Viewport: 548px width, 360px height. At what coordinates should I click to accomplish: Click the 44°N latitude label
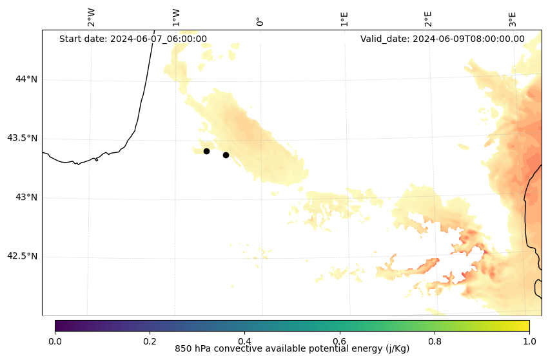[x=26, y=79]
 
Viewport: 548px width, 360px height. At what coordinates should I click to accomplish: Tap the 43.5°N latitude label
[x=23, y=138]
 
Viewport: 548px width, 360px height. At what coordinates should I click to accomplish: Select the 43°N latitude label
[x=26, y=197]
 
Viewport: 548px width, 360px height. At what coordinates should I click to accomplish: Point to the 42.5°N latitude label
[x=23, y=256]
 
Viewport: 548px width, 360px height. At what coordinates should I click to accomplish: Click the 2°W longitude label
[x=92, y=17]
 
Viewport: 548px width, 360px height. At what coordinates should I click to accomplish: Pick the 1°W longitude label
[x=175, y=17]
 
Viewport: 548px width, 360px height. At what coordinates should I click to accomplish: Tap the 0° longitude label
[x=260, y=21]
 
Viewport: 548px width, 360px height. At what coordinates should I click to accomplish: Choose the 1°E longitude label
[x=344, y=19]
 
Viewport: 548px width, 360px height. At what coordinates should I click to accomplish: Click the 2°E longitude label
[x=428, y=19]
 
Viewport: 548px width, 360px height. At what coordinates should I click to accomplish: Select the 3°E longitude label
[x=513, y=19]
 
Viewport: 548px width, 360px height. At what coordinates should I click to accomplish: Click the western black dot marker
[x=206, y=151]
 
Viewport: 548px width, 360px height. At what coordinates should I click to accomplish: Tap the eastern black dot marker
[x=226, y=155]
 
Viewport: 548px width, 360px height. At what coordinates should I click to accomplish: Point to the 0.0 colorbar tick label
[x=55, y=341]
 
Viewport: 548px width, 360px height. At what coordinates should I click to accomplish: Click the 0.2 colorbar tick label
[x=150, y=341]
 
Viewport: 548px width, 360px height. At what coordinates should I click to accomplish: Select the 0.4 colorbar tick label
[x=244, y=341]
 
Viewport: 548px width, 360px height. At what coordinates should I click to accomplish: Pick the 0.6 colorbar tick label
[x=339, y=341]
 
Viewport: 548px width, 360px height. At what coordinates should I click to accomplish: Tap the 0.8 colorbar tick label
[x=435, y=341]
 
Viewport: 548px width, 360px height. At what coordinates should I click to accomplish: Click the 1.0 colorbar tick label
[x=529, y=341]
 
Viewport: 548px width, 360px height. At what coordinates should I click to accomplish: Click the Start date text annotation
[x=133, y=39]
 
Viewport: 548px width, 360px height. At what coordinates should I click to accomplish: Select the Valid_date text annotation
[x=442, y=39]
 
